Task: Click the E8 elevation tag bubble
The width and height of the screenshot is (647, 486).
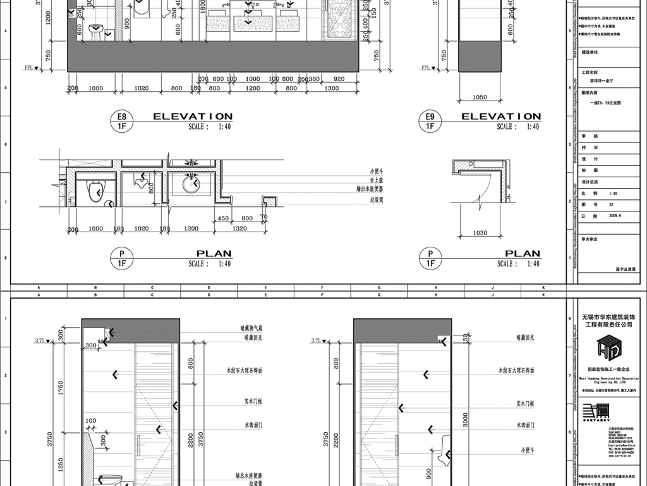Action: click(x=121, y=121)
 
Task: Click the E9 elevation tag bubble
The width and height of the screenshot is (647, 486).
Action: click(x=430, y=121)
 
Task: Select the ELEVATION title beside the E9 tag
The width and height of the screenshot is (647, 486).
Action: click(x=501, y=116)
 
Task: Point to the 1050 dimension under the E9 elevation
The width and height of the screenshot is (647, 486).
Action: click(x=480, y=98)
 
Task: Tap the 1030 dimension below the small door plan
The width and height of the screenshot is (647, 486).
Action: click(x=480, y=233)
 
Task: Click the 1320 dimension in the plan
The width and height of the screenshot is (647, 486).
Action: click(x=240, y=229)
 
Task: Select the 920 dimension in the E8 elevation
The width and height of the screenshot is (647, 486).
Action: click(x=339, y=79)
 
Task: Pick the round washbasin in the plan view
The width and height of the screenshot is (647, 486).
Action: click(x=191, y=184)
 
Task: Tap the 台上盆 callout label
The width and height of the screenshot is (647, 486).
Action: click(x=377, y=180)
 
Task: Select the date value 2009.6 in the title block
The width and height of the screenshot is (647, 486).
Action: click(x=615, y=215)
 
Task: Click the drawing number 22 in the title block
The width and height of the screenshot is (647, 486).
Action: click(x=611, y=204)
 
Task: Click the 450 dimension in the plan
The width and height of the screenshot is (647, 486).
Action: click(x=222, y=218)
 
